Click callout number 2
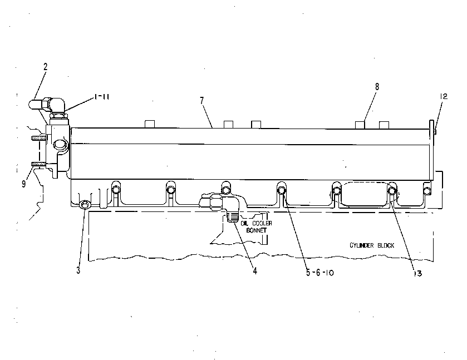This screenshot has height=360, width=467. tap(45, 67)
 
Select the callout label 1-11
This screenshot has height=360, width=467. tap(101, 97)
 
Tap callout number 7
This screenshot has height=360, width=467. tap(202, 101)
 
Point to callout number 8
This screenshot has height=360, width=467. tap(377, 87)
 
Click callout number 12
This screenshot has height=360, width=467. tap(444, 96)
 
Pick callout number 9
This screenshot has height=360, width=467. tap(24, 184)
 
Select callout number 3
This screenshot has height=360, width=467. tap(78, 270)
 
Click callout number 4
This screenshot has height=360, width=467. tap(255, 270)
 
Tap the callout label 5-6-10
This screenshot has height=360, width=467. tap(320, 272)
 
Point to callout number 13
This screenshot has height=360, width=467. tap(418, 273)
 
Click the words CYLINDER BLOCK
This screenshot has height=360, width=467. tap(372, 245)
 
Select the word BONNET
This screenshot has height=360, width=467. tap(256, 230)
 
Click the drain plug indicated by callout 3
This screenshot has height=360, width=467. tap(85, 205)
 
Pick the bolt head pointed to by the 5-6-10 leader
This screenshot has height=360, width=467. tap(282, 189)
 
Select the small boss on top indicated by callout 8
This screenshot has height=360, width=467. tap(360, 125)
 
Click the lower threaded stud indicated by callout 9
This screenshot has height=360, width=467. tap(39, 164)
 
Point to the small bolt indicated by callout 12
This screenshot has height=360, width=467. tap(435, 131)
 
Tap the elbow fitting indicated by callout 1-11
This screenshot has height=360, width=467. tap(57, 106)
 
